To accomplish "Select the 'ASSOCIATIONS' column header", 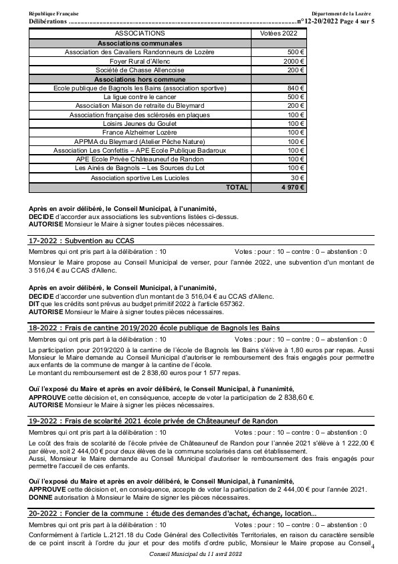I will (x=140, y=32).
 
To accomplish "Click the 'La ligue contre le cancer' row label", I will (x=140, y=97).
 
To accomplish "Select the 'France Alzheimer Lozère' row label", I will (x=140, y=133).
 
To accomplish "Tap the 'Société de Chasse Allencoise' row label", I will (x=140, y=70).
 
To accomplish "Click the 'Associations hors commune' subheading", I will (x=140, y=79).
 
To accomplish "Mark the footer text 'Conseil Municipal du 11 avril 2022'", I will (x=199, y=555).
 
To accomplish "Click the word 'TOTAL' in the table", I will (x=236, y=188).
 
